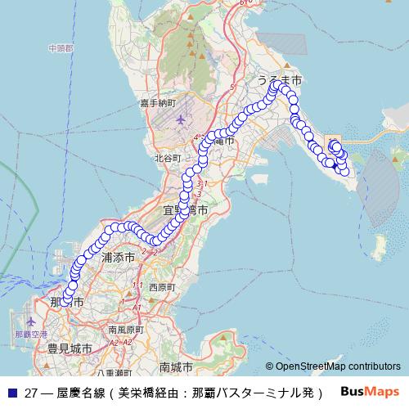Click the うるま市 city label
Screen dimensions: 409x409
(280, 81)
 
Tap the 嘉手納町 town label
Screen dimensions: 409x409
(157, 103)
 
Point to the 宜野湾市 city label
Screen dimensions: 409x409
(185, 210)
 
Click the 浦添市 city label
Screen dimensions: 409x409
(118, 257)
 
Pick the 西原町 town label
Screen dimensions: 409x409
(162, 287)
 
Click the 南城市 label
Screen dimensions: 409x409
(176, 366)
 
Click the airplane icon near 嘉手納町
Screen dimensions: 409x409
(180, 119)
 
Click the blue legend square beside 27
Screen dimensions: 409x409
(11, 391)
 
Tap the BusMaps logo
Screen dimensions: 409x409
(370, 390)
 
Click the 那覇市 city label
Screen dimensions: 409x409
(66, 303)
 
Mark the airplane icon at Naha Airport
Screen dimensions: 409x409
(31, 322)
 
